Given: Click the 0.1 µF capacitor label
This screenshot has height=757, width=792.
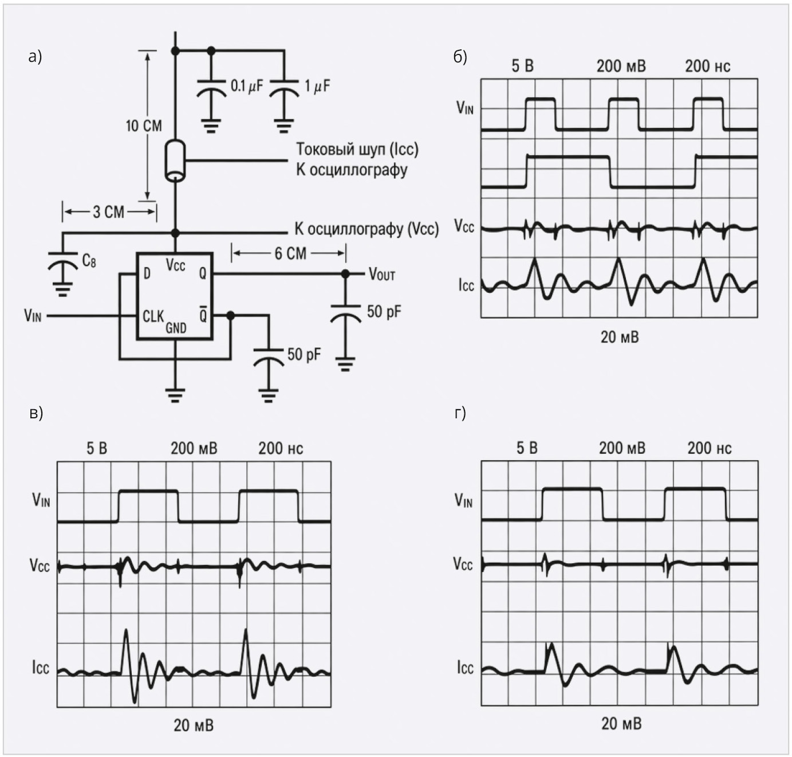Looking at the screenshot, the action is pyautogui.click(x=247, y=86).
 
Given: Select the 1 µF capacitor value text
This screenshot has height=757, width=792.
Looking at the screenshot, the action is pyautogui.click(x=317, y=86).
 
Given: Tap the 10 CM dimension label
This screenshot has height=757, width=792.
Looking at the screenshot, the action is pyautogui.click(x=144, y=126).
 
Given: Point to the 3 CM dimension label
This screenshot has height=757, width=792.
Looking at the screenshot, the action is pyautogui.click(x=108, y=212).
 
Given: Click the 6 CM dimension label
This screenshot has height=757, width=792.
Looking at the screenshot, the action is pyautogui.click(x=290, y=253).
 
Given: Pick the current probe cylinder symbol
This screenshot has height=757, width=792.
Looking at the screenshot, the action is pyautogui.click(x=175, y=161).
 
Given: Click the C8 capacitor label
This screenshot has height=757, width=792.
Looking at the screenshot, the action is pyautogui.click(x=89, y=261).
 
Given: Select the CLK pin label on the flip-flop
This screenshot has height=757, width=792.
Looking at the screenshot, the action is pyautogui.click(x=153, y=316).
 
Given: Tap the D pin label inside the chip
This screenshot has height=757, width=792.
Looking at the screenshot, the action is pyautogui.click(x=147, y=274).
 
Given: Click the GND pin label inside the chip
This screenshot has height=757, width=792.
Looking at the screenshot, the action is pyautogui.click(x=176, y=328).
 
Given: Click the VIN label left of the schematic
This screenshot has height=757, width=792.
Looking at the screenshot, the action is pyautogui.click(x=33, y=315).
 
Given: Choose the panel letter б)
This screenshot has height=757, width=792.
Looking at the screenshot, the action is pyautogui.click(x=460, y=57).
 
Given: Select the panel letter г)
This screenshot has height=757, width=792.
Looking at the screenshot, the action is pyautogui.click(x=460, y=413).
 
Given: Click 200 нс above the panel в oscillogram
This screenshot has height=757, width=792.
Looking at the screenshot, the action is pyautogui.click(x=281, y=448).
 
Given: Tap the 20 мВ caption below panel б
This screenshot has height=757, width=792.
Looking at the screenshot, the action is pyautogui.click(x=620, y=337).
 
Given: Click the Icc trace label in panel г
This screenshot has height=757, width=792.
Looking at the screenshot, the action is pyautogui.click(x=465, y=668).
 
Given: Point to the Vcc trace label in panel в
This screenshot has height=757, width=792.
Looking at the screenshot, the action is pyautogui.click(x=40, y=565).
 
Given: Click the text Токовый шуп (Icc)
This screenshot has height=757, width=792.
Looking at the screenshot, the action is pyautogui.click(x=357, y=150).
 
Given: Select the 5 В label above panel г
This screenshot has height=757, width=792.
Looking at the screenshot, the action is pyautogui.click(x=527, y=448).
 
